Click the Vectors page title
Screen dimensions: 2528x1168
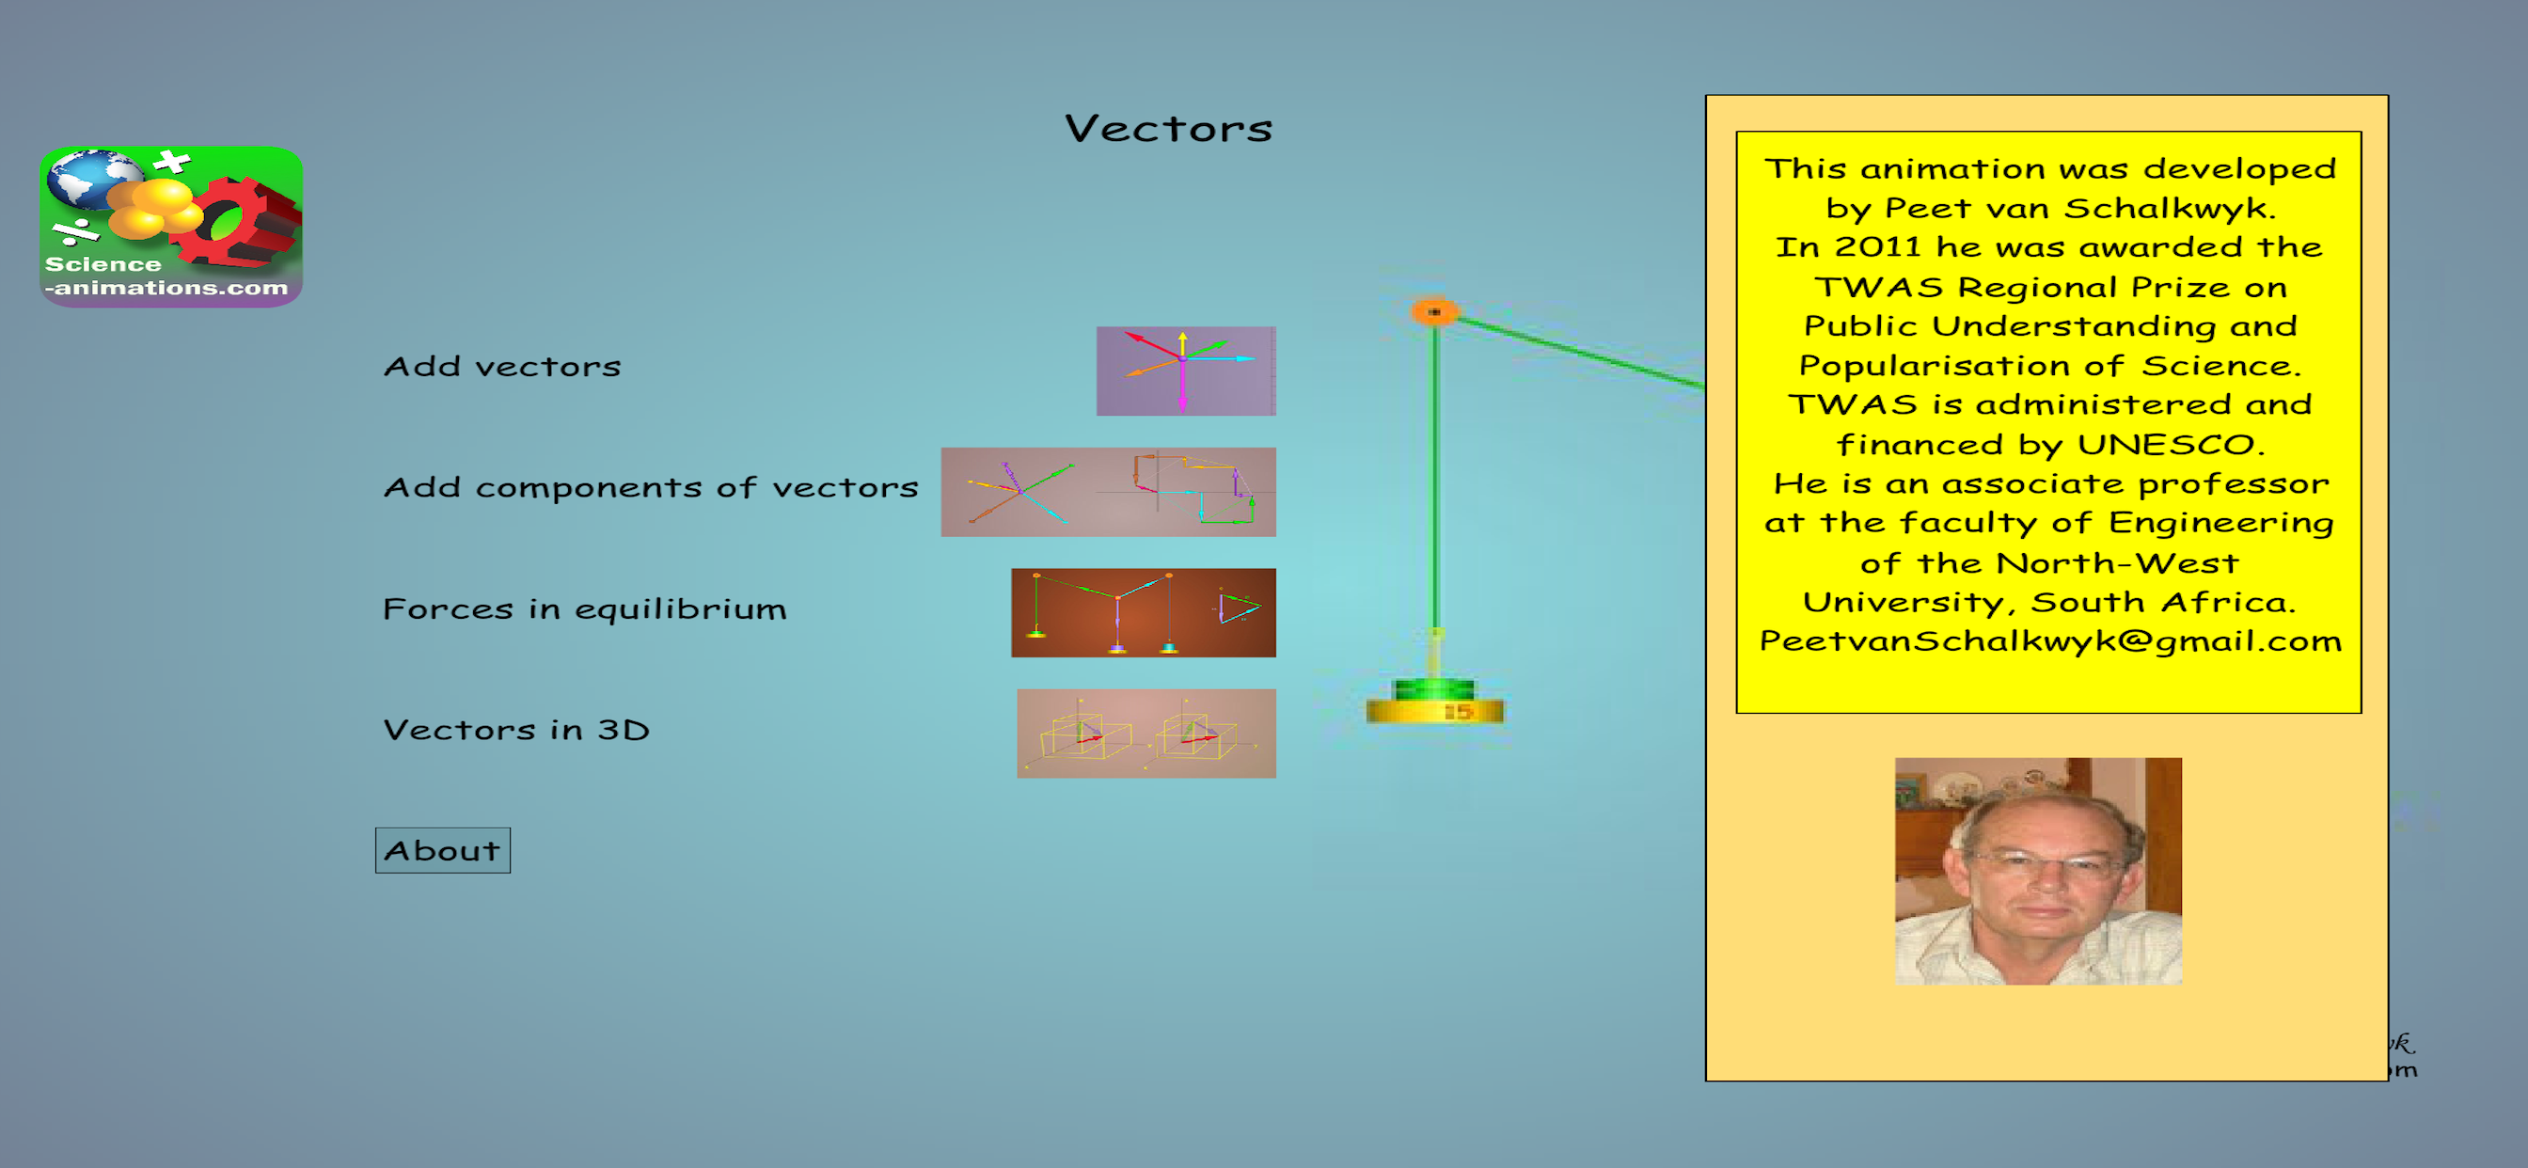1169,129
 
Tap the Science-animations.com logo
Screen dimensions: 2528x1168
171,227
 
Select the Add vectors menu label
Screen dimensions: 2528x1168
502,366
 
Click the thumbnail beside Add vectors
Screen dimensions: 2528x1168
1186,371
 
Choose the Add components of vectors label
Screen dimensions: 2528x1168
651,487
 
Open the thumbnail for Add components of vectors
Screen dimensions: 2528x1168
1108,492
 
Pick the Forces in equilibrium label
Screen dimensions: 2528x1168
585,608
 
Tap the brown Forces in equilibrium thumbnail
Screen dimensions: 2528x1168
1144,612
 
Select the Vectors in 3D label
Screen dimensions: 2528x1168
516,729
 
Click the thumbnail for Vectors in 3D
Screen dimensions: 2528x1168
1146,734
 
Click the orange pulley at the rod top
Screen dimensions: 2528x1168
1434,312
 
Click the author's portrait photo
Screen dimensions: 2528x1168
2038,871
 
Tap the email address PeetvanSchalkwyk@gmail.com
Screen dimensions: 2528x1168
2050,641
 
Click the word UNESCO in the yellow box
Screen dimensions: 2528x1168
2171,445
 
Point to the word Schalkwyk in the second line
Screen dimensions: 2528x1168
2169,208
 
